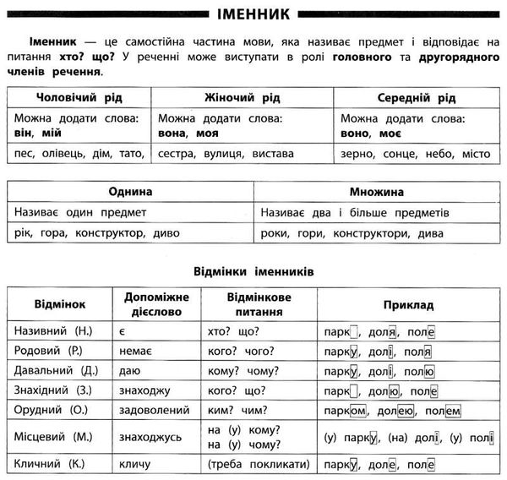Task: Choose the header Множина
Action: [x=379, y=192]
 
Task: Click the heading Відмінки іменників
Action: [x=253, y=272]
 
